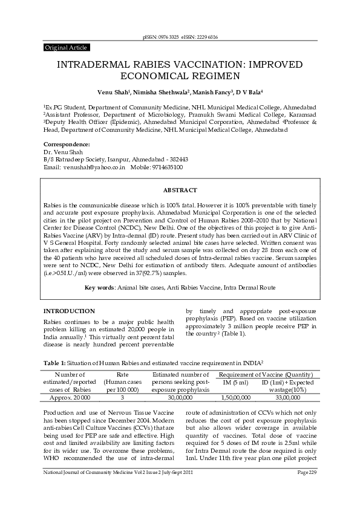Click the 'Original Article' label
[x=67, y=47]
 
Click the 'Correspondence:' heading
[x=67, y=144]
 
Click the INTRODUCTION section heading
[x=69, y=310]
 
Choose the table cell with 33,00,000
[x=288, y=398]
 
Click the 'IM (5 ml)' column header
[x=235, y=383]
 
